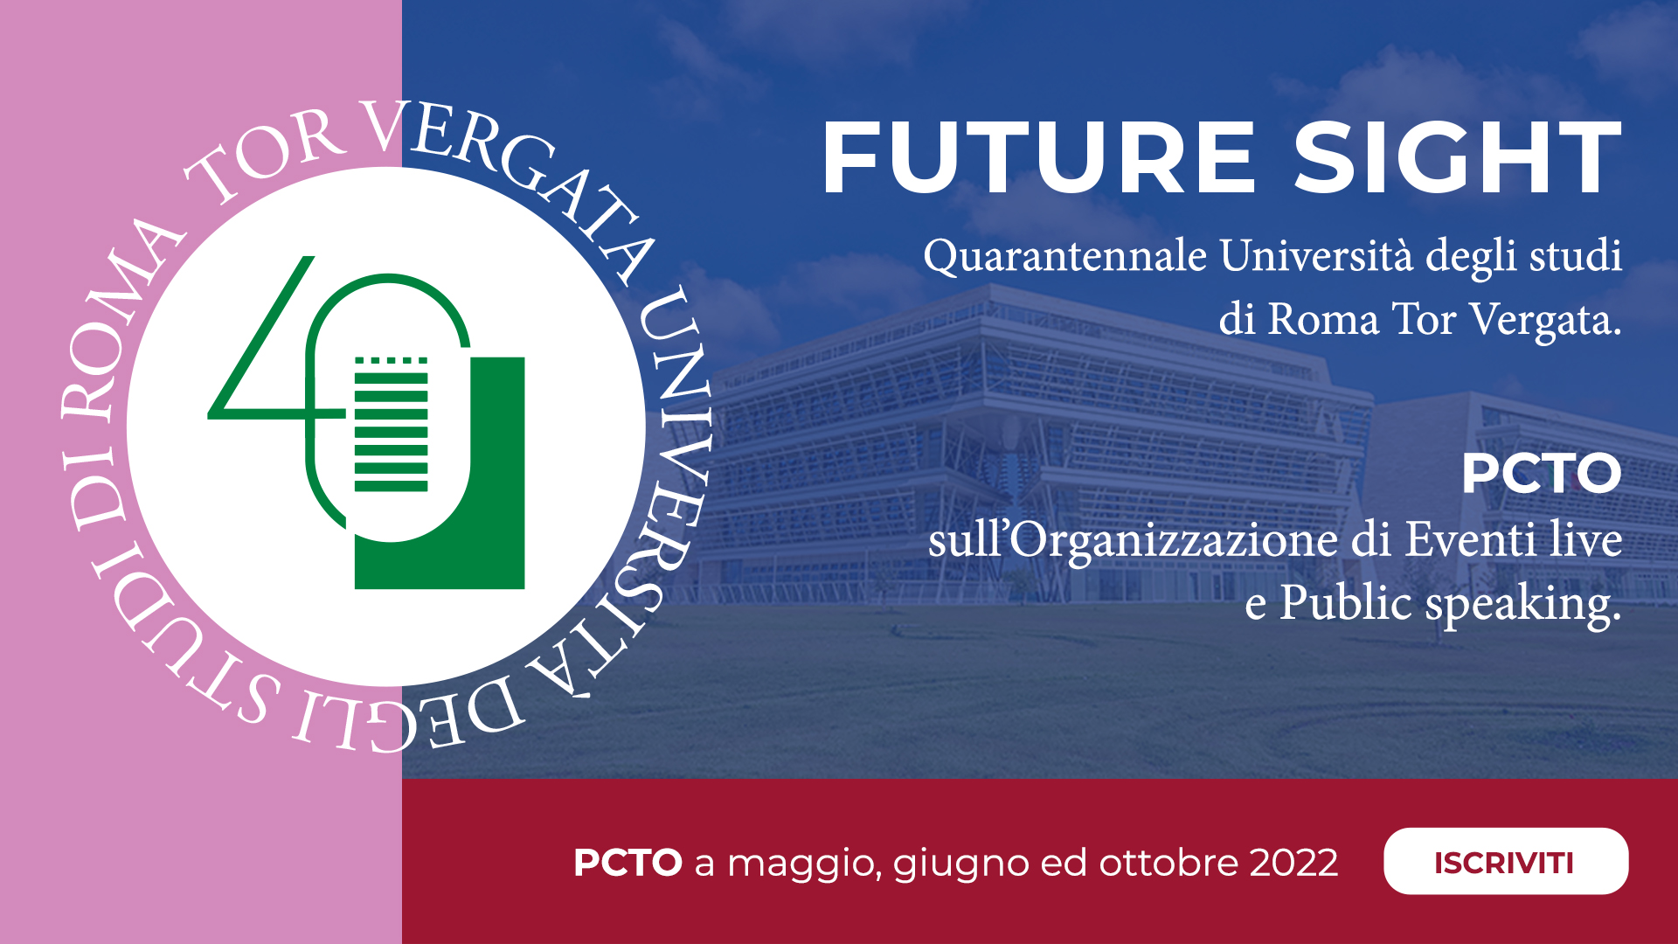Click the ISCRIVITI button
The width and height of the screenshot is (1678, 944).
1505,861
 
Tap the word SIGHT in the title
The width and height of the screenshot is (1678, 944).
1457,157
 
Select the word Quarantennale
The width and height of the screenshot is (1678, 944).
1065,257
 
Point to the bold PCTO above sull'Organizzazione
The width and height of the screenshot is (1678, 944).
1542,474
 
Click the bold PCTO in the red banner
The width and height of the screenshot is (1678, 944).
628,863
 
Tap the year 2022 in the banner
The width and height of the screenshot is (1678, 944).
1293,863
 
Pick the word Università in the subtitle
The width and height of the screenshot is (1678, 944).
1316,255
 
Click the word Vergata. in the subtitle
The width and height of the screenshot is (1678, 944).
1545,320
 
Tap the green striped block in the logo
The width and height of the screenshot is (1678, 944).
391,424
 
